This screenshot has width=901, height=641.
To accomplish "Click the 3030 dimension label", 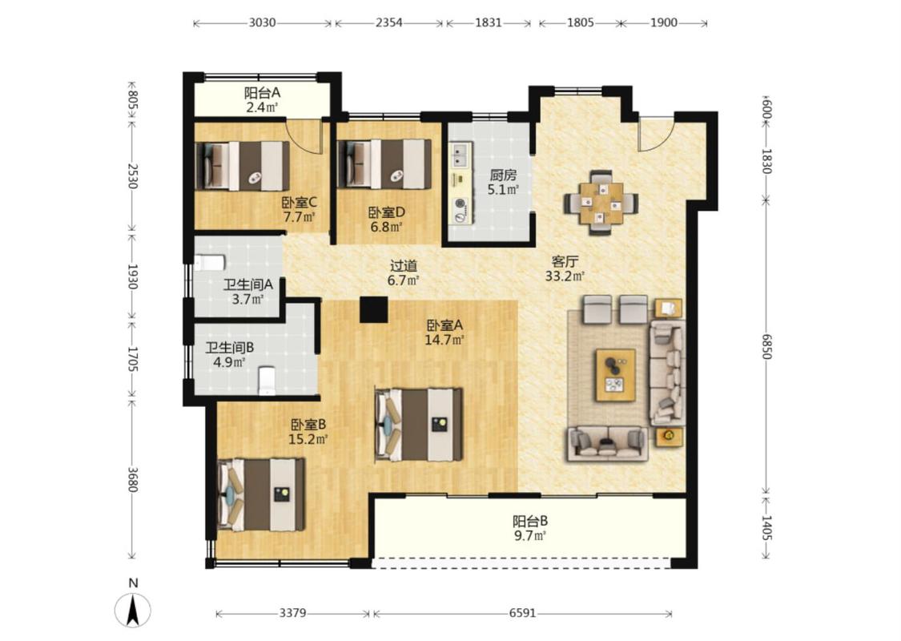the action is coord(262,23).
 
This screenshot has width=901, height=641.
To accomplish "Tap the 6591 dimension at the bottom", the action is coord(522,613).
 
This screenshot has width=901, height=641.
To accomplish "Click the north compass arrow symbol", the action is coord(133,611).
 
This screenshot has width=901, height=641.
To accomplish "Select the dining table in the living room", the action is coord(601,203).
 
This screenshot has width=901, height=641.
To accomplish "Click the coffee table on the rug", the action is coord(615,375).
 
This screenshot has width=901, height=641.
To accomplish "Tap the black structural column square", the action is coord(373,309).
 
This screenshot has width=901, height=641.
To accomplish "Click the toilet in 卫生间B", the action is coord(267,381).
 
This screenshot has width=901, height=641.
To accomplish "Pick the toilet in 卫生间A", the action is coord(209,264).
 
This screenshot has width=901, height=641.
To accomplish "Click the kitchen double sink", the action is coord(461,155).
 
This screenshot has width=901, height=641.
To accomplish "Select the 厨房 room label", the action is coord(503,175).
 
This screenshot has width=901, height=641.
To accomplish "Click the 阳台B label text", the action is coord(530,522).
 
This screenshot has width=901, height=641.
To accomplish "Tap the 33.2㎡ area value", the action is coord(565,276).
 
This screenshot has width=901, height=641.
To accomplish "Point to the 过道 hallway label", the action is coord(404,266).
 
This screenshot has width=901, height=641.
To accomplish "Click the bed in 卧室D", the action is coord(384,163).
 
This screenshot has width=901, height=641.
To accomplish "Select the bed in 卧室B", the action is coord(261,494).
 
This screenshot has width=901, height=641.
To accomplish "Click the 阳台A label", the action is coord(262,93).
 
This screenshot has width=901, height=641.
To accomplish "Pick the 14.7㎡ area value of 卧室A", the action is coord(444,340).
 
